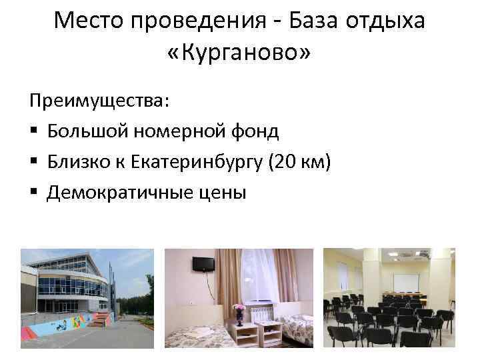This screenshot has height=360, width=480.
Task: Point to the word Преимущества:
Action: [x=99, y=102]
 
